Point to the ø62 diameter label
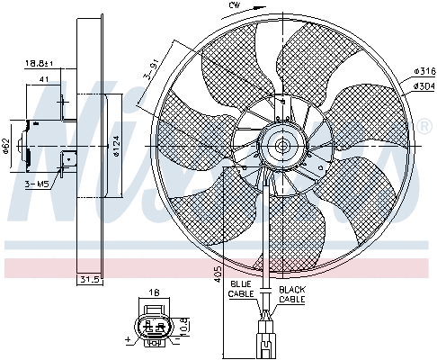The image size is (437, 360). pos(5,146)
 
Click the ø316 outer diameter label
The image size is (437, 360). pos(424,70)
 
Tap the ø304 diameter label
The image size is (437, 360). pos(424,86)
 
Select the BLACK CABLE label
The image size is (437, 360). pos(293,293)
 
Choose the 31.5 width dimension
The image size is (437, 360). pos(86,280)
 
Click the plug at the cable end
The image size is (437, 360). pos(267,342)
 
